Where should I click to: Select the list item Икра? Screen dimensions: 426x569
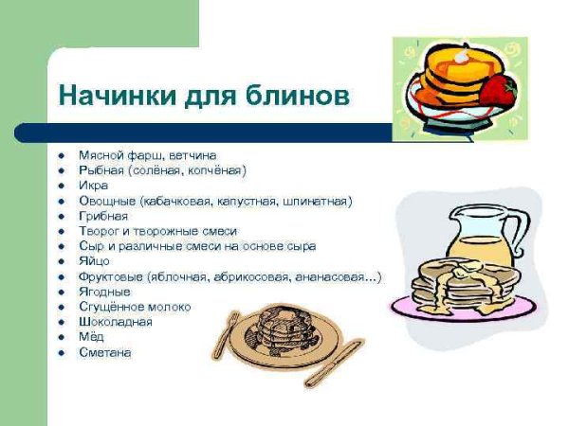coord(93,186)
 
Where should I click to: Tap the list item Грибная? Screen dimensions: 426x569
coord(103,216)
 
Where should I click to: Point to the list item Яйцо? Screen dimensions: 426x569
coord(95,261)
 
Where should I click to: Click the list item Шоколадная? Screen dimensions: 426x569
coord(116,322)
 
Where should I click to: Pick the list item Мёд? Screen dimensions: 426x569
coord(92,337)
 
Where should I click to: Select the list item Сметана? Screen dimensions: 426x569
coord(105,352)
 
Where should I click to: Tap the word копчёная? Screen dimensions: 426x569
coord(213,170)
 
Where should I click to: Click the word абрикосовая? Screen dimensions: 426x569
coord(246,276)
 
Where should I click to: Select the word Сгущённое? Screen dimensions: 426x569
coord(111,307)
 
